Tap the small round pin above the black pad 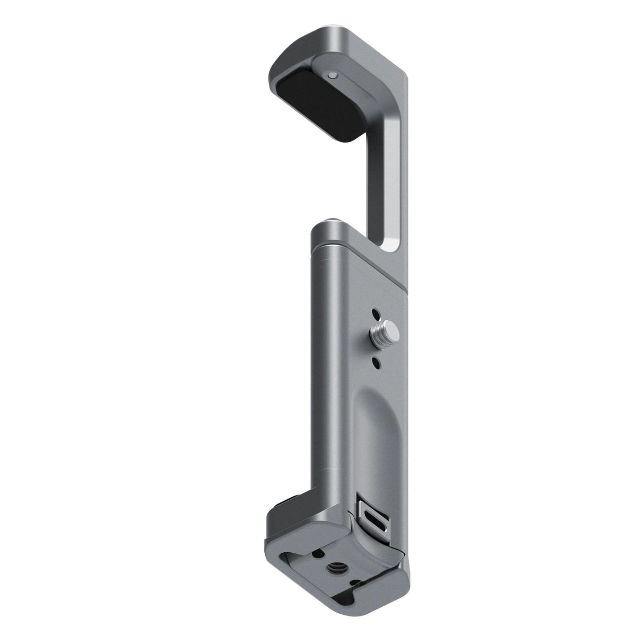pyautogui.click(x=332, y=76)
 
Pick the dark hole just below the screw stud pyautogui.click(x=376, y=362)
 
